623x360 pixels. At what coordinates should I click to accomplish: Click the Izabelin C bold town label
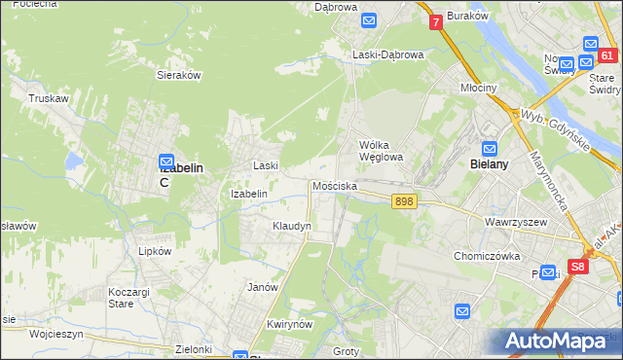[x=180, y=174]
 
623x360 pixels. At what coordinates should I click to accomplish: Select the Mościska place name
[x=335, y=185]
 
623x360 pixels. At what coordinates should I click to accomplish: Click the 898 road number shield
[x=405, y=201]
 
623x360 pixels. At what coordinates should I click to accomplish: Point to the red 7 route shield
[x=436, y=20]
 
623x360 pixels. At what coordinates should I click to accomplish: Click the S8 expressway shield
[x=578, y=266]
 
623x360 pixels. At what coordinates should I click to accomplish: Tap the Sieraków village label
[x=178, y=74]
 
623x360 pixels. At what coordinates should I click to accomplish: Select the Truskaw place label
[x=47, y=98]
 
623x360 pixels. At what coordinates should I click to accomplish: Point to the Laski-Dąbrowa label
[x=388, y=55]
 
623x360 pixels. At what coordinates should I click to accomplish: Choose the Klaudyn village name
[x=291, y=226]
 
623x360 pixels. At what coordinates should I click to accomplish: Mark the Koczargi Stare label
[x=134, y=298]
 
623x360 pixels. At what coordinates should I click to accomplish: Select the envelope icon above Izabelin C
[x=166, y=161]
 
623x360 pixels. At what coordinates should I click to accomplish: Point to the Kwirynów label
[x=288, y=324]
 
